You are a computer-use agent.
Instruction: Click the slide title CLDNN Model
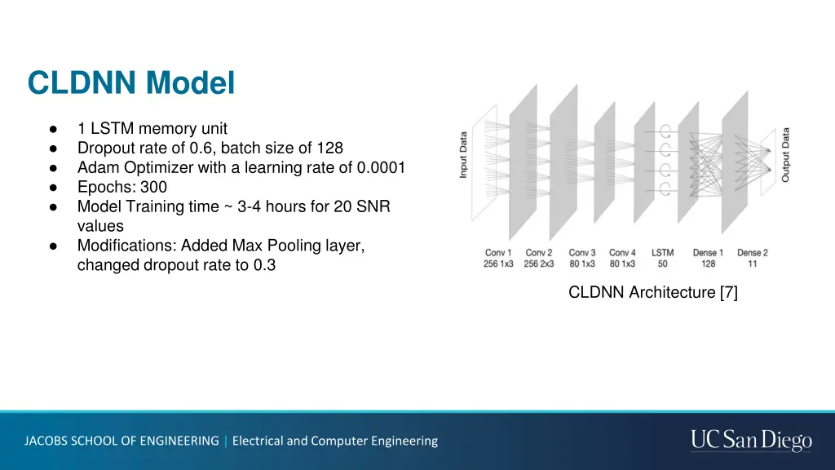coord(130,82)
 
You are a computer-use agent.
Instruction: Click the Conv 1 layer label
coord(498,258)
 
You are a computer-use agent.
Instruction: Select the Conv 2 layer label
coord(539,258)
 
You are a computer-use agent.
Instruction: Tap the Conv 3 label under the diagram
coord(582,258)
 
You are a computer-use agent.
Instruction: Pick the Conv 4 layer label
coord(622,258)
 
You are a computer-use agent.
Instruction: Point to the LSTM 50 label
coord(663,258)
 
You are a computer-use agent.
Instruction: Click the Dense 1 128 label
coord(708,258)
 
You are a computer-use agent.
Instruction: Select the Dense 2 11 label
coord(753,258)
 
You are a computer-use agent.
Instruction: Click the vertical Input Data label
coord(464,155)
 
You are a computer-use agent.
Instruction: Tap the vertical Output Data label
coord(786,154)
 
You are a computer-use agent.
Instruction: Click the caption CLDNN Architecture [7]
coord(652,292)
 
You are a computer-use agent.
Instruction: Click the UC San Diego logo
coord(751,441)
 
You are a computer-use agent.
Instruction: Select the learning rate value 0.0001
coord(381,167)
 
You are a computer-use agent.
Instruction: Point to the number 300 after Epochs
coord(153,187)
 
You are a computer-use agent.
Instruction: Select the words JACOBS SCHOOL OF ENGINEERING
coord(121,441)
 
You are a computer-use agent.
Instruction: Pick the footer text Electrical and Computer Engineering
coord(335,441)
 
